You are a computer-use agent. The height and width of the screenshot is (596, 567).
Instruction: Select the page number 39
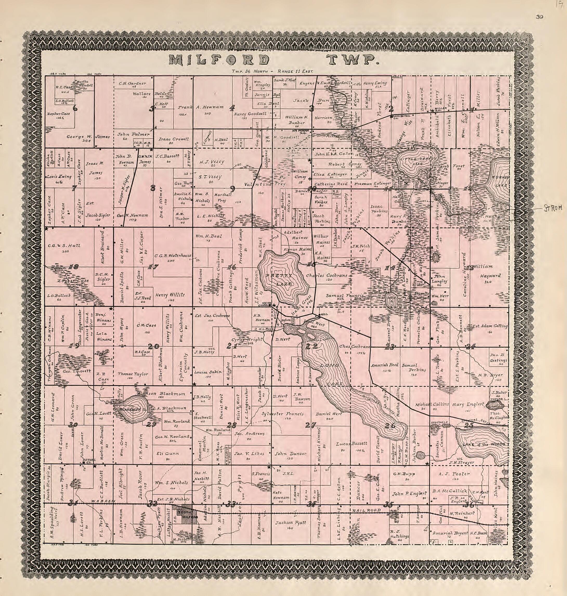pyautogui.click(x=539, y=17)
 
